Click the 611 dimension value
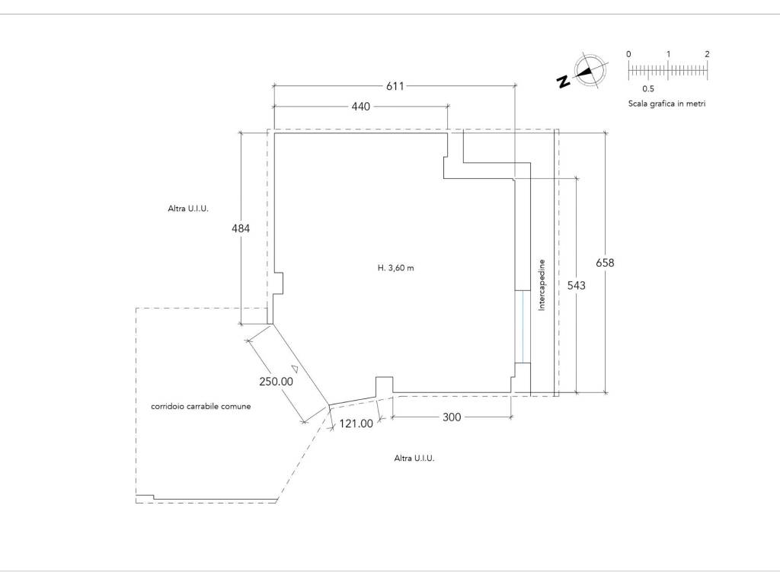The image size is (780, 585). (395, 86)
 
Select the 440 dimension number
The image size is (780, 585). (360, 107)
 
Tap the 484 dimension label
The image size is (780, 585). (241, 229)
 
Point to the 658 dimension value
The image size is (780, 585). (605, 263)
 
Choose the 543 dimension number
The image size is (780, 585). (577, 285)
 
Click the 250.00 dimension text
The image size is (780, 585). (276, 382)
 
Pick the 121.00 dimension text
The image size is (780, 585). (356, 424)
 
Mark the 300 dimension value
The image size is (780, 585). (452, 417)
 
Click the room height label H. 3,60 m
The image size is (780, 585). (396, 268)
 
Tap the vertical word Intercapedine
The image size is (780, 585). (542, 285)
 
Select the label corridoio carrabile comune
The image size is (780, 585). (201, 407)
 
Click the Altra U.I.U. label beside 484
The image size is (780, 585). (188, 209)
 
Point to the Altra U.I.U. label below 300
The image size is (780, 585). (414, 458)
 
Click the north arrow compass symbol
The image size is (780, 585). (590, 71)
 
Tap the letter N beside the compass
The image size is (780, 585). (564, 82)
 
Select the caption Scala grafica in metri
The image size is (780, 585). (667, 104)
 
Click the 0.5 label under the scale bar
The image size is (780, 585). (648, 89)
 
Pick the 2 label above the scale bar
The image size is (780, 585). (707, 54)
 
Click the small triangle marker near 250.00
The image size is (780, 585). (295, 369)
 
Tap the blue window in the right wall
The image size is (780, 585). (523, 327)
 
